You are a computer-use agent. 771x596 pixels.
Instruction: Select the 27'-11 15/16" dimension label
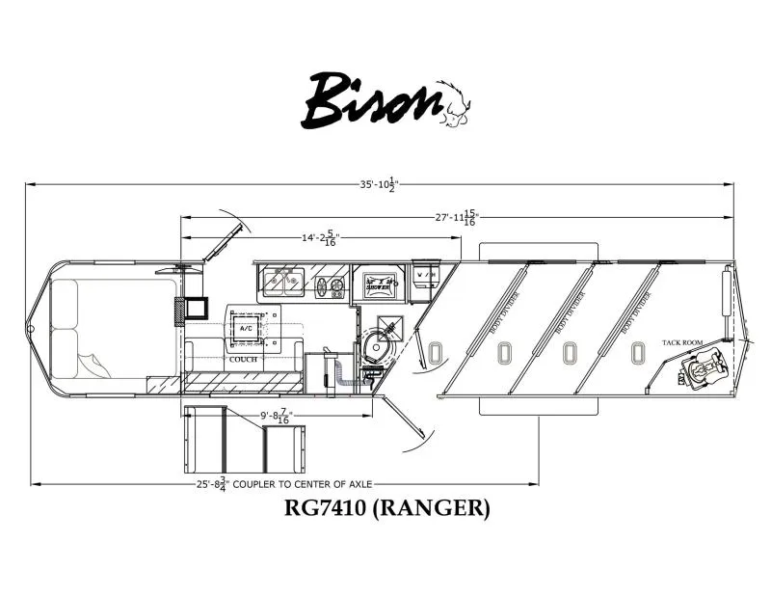pyautogui.click(x=456, y=217)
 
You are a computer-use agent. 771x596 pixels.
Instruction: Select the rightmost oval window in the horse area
pyautogui.click(x=634, y=355)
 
